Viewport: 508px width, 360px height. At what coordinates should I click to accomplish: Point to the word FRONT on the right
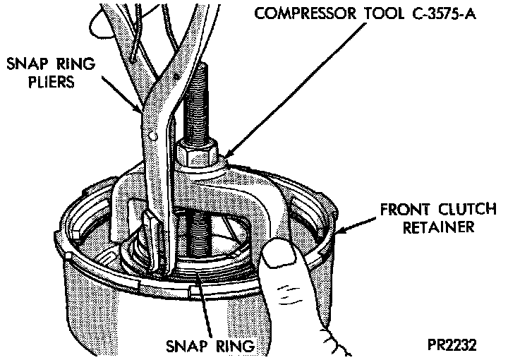point(401,210)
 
